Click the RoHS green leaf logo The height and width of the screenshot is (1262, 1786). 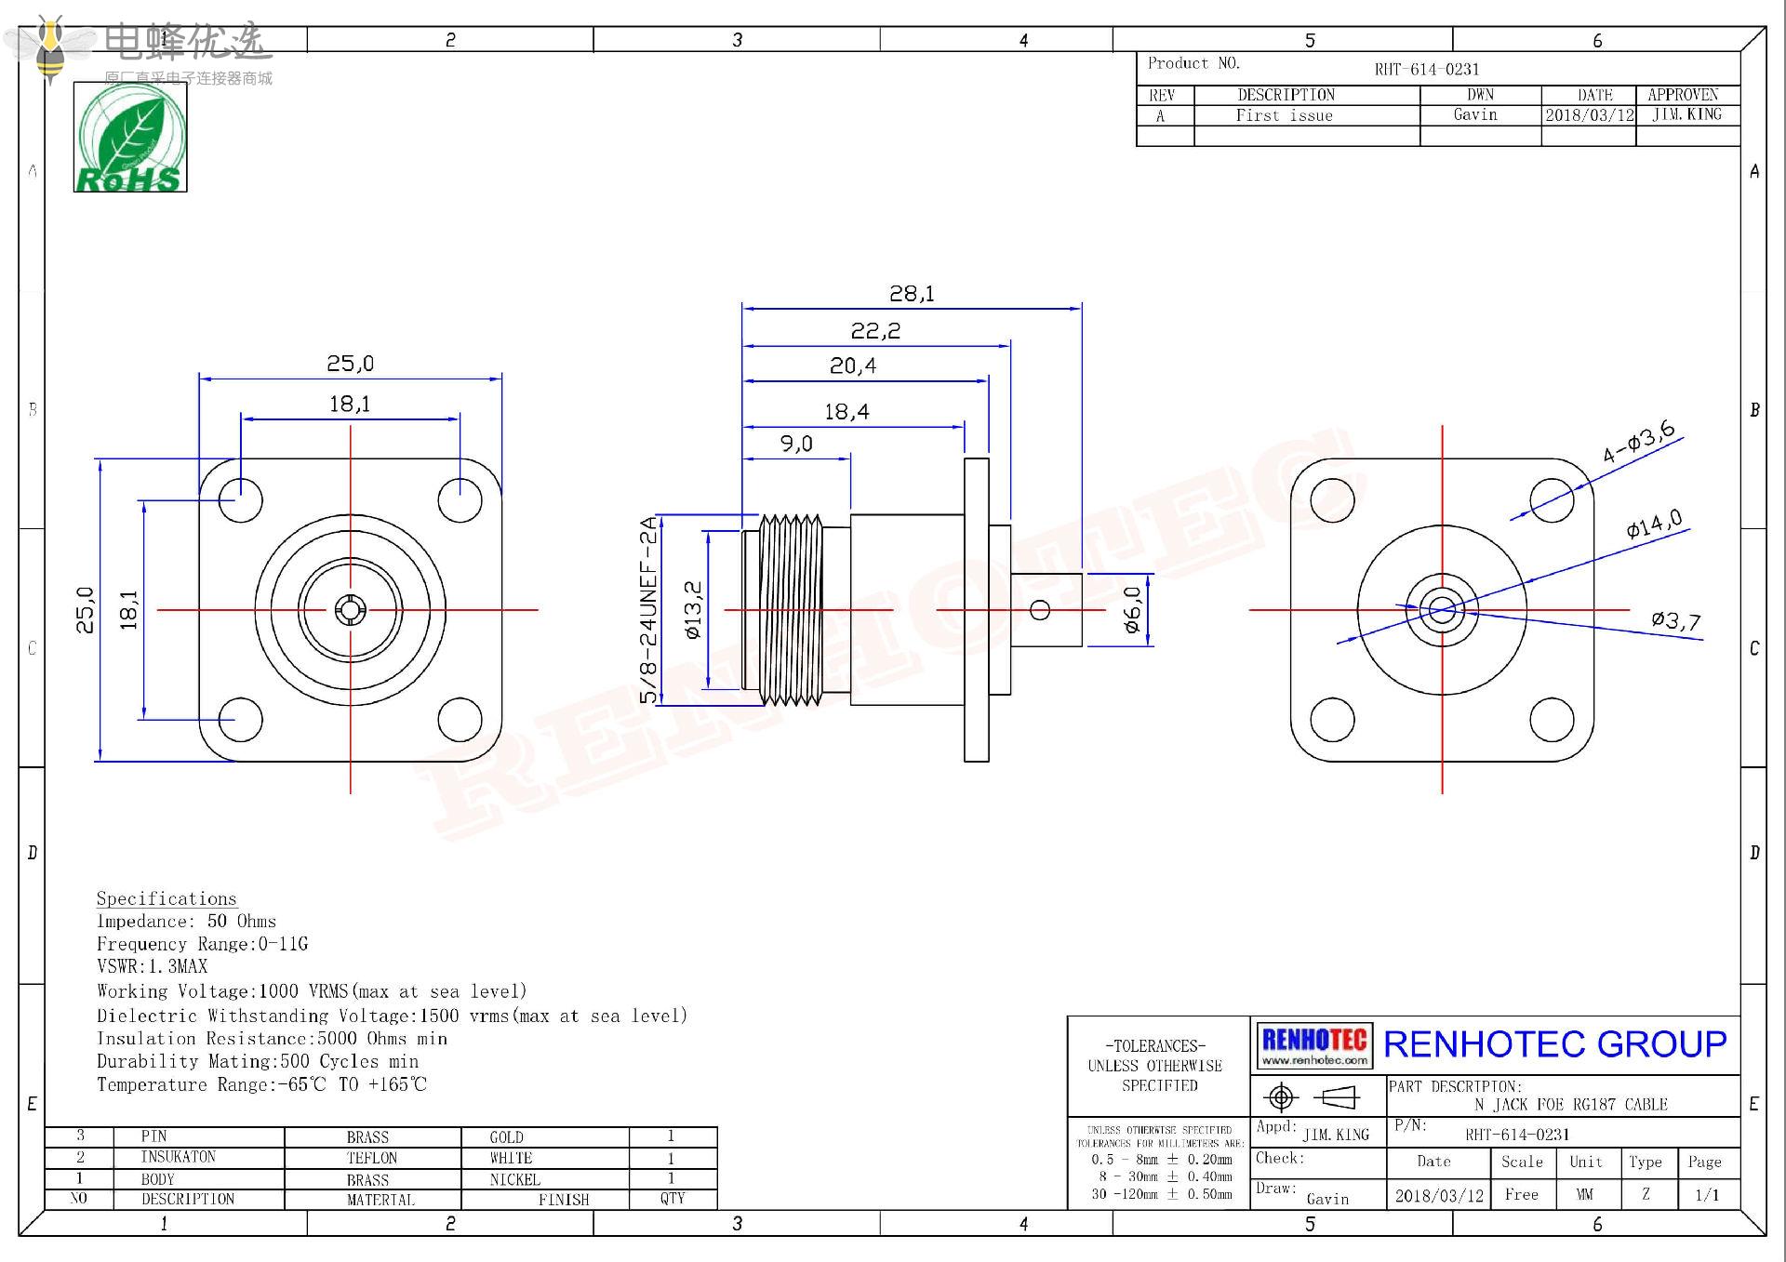point(130,137)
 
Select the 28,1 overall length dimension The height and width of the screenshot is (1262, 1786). point(912,294)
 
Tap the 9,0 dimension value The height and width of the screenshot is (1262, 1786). point(796,444)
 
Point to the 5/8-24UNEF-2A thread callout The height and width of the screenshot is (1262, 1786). point(648,610)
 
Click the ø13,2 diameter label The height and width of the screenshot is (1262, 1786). point(693,610)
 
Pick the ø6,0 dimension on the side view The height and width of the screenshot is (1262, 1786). point(1132,610)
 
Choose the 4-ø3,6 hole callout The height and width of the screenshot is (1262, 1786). point(1638,442)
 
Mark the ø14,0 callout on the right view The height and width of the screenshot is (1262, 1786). point(1654,525)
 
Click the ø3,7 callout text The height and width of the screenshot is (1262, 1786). point(1675,620)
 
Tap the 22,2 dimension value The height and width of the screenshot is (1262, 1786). point(875,331)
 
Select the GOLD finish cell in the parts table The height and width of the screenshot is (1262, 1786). point(507,1137)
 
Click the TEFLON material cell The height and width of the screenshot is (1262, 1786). point(372,1158)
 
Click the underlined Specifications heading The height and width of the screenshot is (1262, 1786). point(167,898)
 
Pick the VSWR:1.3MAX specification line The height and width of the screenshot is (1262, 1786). point(153,967)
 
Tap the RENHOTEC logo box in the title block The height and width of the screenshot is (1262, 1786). point(1314,1045)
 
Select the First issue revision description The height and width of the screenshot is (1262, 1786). point(1284,115)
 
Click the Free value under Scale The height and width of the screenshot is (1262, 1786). point(1522,1195)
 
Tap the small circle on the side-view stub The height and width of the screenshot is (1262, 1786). point(1041,610)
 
